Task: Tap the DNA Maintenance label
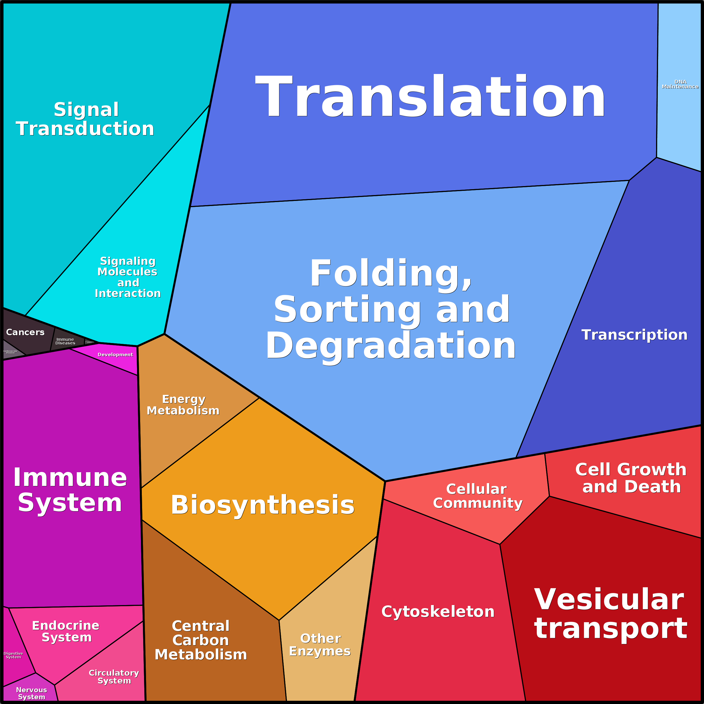(680, 84)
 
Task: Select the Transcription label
(634, 335)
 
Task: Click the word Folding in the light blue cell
(390, 273)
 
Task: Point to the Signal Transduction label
(85, 119)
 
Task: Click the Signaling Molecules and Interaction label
(128, 277)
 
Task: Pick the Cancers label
(25, 332)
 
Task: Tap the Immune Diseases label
(65, 341)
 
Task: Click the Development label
(115, 355)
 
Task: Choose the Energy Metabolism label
(183, 405)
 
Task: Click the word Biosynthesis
(262, 505)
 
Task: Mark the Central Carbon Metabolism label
(201, 640)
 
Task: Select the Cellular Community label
(477, 496)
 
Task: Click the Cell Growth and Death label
(631, 478)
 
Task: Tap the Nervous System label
(32, 693)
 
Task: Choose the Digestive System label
(13, 655)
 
